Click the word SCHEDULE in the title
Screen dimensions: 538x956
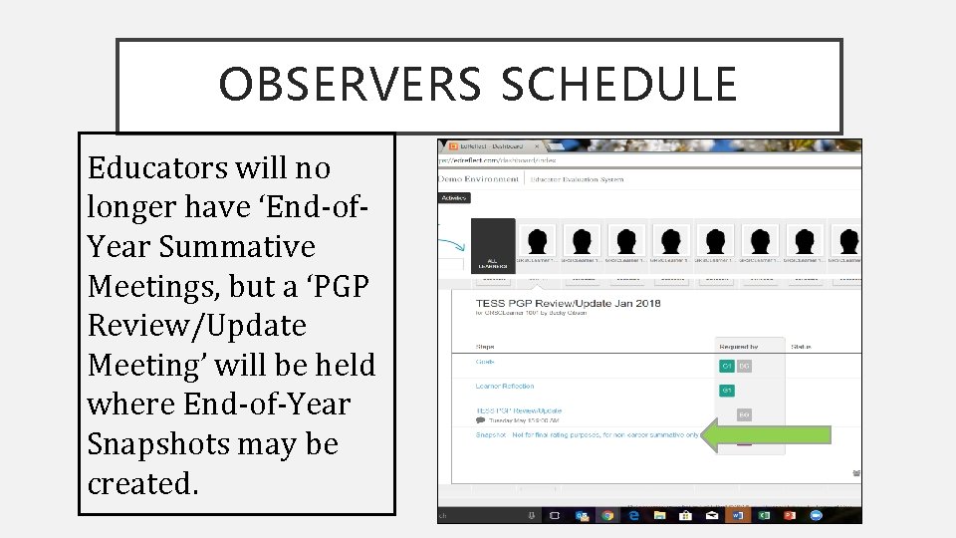618,86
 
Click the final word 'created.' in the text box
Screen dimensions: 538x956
143,483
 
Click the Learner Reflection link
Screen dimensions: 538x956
504,387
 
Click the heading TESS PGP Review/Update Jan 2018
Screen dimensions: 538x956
567,303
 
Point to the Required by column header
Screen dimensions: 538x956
737,347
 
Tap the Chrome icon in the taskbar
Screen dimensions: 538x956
607,515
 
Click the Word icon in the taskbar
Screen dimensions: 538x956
738,515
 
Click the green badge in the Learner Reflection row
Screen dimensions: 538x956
727,391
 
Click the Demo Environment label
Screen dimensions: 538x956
479,178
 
